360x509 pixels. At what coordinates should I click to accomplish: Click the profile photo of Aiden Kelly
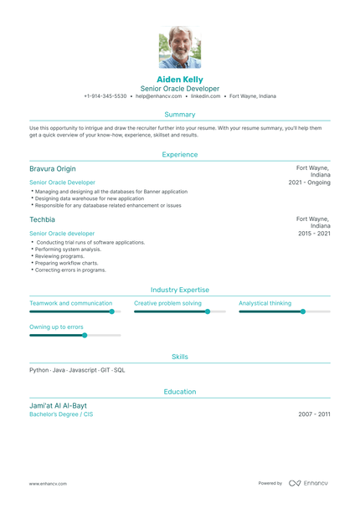point(180,47)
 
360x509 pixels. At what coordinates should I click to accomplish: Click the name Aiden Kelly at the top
point(180,79)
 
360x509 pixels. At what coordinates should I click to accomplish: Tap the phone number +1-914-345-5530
point(105,96)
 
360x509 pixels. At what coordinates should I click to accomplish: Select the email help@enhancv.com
point(158,96)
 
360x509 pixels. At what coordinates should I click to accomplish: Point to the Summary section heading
point(180,114)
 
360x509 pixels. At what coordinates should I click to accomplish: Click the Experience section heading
point(180,154)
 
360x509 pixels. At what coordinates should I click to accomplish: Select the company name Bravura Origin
point(52,168)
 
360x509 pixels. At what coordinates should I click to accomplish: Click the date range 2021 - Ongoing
point(309,182)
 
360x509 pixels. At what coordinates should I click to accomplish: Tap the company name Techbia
point(42,219)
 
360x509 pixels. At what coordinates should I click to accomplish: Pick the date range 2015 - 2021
point(314,233)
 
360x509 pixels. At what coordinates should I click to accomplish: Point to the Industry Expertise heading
point(180,290)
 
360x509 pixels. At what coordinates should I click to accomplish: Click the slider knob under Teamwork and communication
point(111,311)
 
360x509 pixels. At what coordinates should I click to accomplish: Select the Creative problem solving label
point(168,302)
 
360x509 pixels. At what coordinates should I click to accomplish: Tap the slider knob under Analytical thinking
point(303,311)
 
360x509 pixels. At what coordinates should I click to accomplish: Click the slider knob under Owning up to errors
point(84,335)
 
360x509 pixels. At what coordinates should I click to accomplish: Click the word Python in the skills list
point(39,369)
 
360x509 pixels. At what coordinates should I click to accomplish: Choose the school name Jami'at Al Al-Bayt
point(58,405)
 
